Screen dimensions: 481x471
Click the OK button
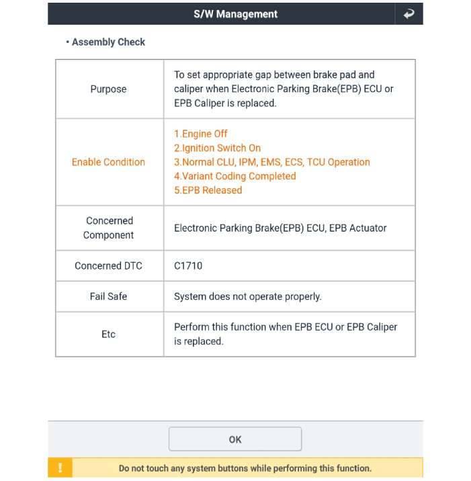click(234, 439)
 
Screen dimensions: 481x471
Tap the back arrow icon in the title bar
click(409, 13)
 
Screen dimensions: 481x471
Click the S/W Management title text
click(235, 13)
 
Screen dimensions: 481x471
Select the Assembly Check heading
click(108, 42)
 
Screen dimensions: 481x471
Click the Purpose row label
click(108, 89)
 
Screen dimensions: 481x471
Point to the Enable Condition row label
click(108, 162)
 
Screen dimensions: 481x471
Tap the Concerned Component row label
click(108, 228)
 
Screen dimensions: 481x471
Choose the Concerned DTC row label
click(108, 265)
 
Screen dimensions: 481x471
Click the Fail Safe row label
click(108, 296)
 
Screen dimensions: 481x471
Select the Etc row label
click(108, 334)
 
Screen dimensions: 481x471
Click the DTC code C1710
click(188, 265)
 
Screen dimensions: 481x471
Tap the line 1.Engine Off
click(201, 134)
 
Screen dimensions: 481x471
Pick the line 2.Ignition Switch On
click(217, 148)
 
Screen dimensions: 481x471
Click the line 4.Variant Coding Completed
click(234, 176)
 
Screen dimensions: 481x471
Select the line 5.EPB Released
click(208, 190)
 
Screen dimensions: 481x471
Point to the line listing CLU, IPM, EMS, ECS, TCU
click(271, 162)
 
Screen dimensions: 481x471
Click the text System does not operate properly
click(247, 296)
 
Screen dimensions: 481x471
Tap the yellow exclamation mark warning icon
click(60, 468)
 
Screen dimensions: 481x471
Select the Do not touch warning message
click(245, 468)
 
